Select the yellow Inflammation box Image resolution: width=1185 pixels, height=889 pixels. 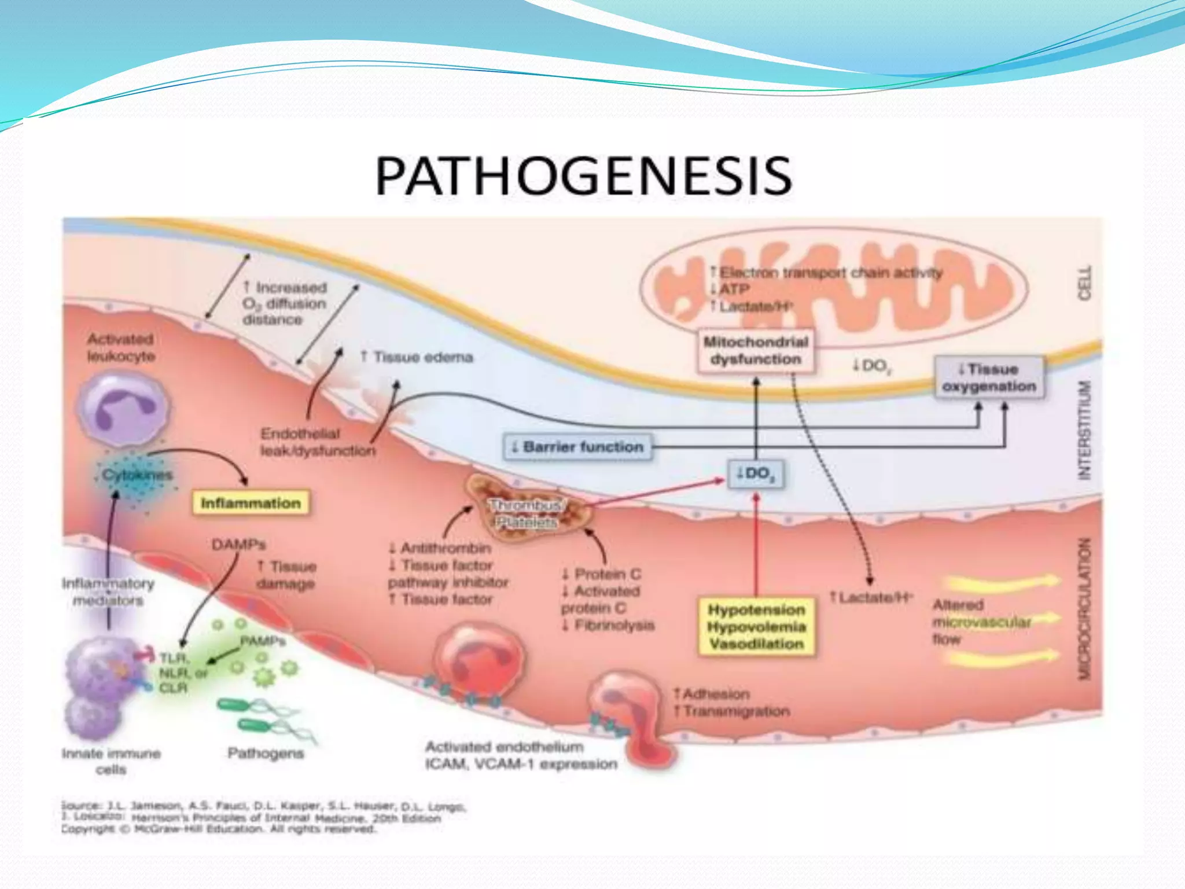(251, 503)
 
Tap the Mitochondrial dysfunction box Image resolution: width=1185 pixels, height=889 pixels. (755, 350)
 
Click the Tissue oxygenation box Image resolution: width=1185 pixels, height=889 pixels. (989, 377)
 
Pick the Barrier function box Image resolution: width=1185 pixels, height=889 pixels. (577, 447)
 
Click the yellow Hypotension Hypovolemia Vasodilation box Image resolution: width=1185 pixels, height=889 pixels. (756, 627)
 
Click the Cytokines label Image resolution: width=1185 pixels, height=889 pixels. (137, 475)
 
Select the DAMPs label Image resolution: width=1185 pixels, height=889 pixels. (238, 545)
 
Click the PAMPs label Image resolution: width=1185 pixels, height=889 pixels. (263, 641)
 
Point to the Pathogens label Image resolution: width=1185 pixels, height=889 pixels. (266, 753)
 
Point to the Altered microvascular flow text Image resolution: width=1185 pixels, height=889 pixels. (981, 622)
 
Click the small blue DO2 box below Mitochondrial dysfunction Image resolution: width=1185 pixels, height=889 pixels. (756, 474)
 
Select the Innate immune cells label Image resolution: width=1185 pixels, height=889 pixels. (111, 761)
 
